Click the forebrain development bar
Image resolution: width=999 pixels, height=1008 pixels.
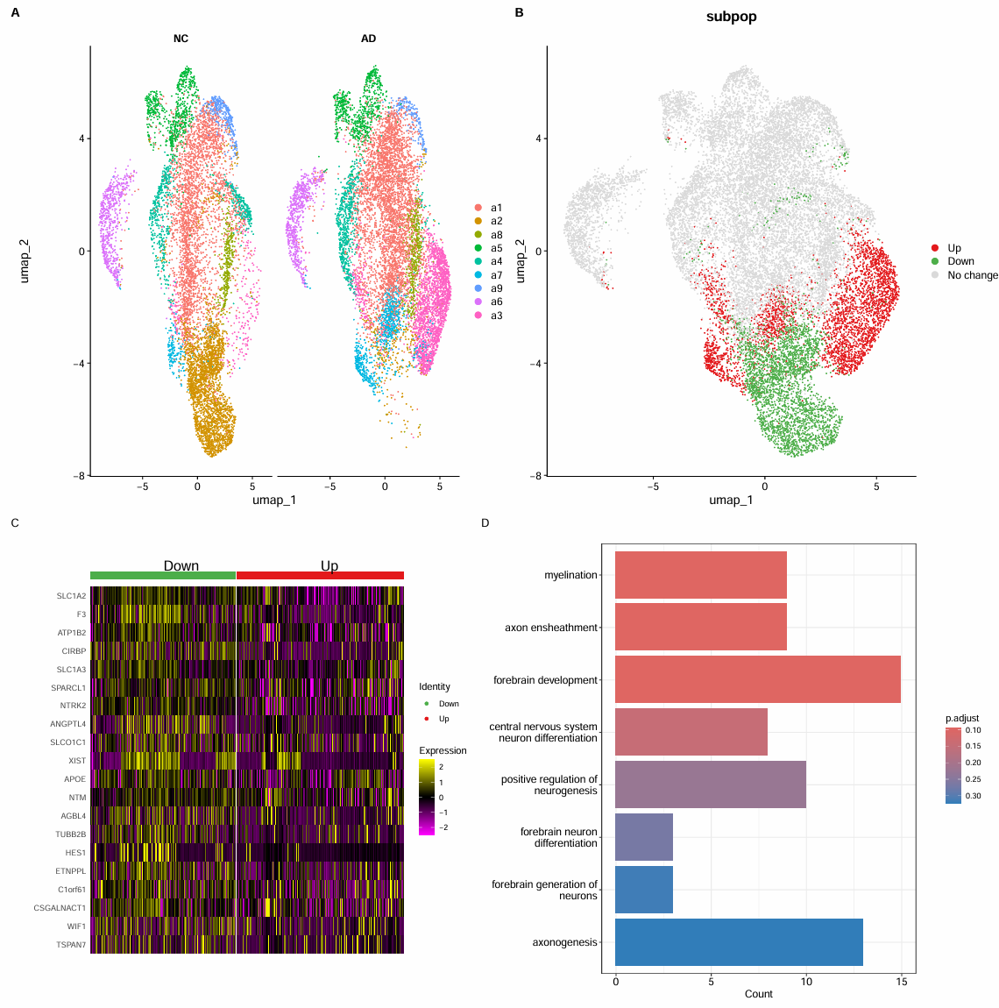[758, 680]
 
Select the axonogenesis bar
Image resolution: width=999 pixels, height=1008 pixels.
[739, 942]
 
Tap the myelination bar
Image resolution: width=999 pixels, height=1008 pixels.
[701, 575]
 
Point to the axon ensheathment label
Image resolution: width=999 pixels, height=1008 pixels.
[551, 628]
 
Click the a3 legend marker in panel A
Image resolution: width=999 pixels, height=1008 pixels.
[478, 316]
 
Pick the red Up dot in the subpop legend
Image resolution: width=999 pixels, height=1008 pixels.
[935, 248]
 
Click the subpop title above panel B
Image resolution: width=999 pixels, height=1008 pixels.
[731, 17]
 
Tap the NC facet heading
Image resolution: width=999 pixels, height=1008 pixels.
[181, 39]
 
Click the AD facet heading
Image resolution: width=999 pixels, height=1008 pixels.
[369, 39]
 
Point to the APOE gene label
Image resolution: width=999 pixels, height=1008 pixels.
[75, 779]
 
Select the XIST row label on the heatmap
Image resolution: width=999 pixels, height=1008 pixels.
[77, 761]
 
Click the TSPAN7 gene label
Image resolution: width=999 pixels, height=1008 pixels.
[72, 945]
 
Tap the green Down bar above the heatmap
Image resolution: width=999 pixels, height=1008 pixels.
[163, 575]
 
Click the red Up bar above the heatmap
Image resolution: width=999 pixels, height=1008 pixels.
[320, 575]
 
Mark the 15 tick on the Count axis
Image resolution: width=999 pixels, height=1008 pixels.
[901, 982]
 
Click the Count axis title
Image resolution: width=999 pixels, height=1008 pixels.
[759, 994]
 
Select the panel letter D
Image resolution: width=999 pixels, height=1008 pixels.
[485, 523]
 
